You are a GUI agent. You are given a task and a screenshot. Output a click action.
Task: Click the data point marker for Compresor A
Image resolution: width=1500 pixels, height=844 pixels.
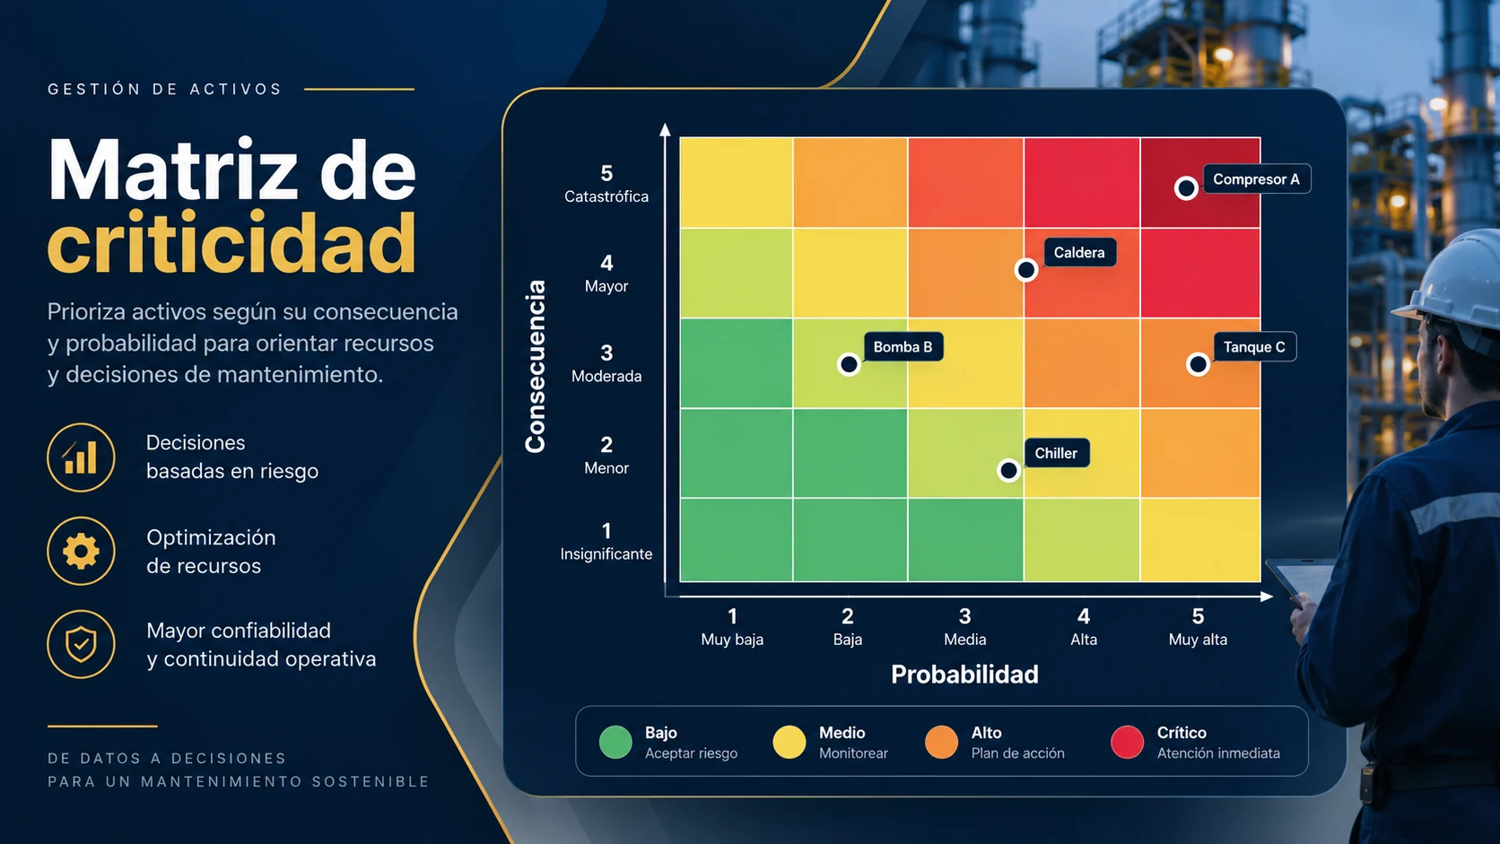1186,188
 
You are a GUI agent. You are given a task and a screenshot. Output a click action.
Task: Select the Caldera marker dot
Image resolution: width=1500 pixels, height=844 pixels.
1026,270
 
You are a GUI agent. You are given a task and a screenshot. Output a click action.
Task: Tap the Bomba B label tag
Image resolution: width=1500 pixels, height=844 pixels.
903,347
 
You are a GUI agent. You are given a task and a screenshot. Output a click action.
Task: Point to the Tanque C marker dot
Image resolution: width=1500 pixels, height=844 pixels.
1198,365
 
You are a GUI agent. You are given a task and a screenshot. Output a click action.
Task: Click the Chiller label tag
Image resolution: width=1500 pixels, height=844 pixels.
1056,453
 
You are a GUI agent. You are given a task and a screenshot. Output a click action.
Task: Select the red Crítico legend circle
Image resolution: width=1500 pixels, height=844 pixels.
1127,743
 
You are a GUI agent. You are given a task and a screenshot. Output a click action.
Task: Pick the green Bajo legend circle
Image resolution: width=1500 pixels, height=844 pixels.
615,743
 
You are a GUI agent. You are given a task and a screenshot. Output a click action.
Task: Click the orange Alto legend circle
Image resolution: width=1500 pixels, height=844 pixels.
941,743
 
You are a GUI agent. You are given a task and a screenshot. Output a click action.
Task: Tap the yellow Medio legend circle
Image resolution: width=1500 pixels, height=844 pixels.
789,743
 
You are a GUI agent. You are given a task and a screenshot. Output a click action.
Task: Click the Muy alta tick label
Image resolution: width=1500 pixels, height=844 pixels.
1198,640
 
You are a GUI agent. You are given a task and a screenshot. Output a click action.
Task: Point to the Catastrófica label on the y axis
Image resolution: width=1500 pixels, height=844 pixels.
606,196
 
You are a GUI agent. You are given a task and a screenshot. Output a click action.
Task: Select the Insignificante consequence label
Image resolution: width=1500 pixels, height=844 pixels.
606,554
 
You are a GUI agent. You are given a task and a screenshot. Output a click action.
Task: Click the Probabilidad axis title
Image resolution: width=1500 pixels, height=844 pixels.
964,674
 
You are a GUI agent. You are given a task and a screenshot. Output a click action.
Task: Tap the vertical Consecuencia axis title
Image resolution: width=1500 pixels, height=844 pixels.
536,366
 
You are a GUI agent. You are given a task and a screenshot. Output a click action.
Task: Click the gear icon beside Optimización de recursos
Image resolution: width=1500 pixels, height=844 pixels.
81,552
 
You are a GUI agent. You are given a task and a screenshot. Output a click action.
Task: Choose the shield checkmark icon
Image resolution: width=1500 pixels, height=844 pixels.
81,645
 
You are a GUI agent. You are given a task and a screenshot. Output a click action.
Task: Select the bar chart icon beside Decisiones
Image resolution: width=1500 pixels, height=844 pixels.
81,457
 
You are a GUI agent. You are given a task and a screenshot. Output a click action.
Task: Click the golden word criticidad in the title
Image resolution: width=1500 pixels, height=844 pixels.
231,243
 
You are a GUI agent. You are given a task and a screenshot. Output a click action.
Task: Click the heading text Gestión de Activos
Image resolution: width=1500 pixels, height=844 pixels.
165,89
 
